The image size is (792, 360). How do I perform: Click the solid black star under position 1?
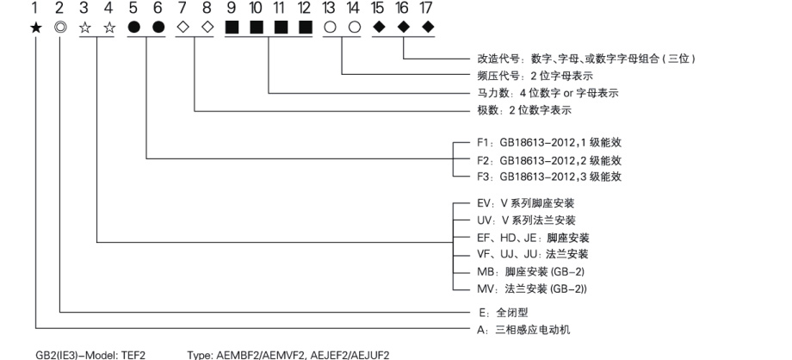click(35, 28)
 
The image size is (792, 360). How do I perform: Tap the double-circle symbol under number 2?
click(60, 28)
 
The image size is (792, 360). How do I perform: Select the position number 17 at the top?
click(427, 8)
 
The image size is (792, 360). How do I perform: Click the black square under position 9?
click(232, 28)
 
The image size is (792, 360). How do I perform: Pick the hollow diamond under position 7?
click(183, 28)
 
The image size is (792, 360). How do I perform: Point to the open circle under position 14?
click(355, 28)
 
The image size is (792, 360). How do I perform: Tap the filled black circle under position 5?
click(133, 28)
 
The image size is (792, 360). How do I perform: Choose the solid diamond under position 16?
click(403, 28)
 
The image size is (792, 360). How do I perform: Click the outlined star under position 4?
click(109, 28)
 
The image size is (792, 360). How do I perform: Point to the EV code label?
click(484, 203)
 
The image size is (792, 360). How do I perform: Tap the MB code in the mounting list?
click(485, 271)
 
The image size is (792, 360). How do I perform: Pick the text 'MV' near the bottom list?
click(485, 289)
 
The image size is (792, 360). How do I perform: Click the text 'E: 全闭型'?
click(503, 313)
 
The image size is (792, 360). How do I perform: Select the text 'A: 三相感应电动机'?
click(523, 330)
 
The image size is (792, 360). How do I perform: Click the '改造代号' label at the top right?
click(494, 59)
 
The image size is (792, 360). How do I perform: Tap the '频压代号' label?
click(494, 76)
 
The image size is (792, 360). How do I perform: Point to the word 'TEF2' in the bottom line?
click(133, 355)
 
